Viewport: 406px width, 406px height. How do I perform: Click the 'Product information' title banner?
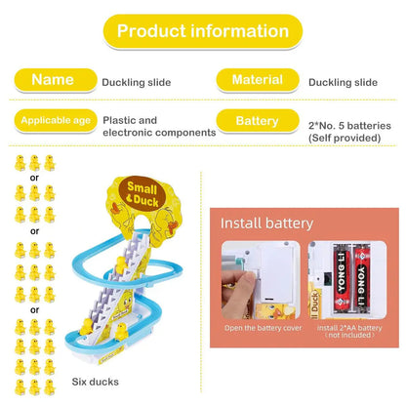click(x=203, y=31)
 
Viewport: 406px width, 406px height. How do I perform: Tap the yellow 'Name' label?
click(x=56, y=80)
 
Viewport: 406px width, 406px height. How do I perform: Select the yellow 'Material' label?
click(x=258, y=80)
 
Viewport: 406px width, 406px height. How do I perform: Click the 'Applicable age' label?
click(x=56, y=121)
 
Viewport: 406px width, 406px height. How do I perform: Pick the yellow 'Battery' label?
click(x=258, y=121)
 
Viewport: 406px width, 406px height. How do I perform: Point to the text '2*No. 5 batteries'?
click(x=349, y=126)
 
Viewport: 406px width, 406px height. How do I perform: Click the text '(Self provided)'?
click(x=345, y=138)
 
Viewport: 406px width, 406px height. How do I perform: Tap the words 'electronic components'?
click(x=159, y=133)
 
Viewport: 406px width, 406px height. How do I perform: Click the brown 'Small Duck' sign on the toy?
click(x=142, y=194)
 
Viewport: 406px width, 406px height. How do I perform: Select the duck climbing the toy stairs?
click(x=121, y=264)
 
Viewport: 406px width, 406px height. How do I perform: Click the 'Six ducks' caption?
click(x=96, y=382)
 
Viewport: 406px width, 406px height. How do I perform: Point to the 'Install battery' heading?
click(x=266, y=223)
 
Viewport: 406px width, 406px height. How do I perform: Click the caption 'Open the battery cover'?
click(x=264, y=328)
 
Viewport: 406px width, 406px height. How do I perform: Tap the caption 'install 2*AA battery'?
click(x=349, y=328)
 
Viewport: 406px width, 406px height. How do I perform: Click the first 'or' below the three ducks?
click(x=34, y=178)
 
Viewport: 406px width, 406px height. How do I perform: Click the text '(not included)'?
click(x=349, y=335)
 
